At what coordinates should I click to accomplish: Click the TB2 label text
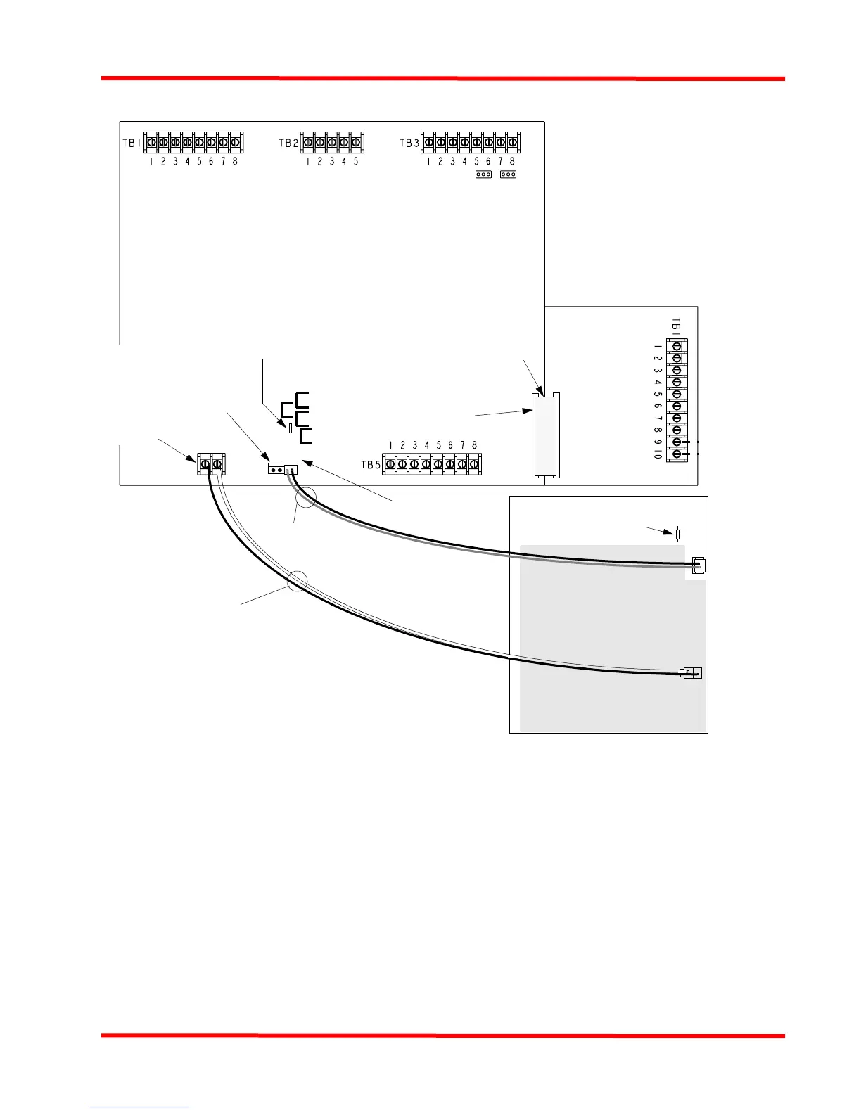(x=288, y=143)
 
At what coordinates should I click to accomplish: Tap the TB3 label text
(x=409, y=143)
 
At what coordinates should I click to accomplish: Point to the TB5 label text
(x=370, y=465)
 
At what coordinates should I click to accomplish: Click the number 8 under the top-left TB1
(x=235, y=161)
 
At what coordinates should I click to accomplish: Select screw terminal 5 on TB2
(x=356, y=142)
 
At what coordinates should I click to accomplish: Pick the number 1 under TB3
(x=428, y=161)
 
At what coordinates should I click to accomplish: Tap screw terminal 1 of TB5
(x=390, y=464)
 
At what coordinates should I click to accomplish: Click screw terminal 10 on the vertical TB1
(x=677, y=454)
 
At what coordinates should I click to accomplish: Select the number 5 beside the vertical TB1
(x=656, y=395)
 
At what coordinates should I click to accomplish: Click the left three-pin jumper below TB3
(x=483, y=174)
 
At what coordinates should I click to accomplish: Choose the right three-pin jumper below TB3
(x=508, y=174)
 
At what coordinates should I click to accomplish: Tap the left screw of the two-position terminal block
(x=205, y=464)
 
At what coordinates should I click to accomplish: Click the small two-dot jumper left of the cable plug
(x=275, y=469)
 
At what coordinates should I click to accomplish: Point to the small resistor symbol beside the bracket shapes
(x=291, y=428)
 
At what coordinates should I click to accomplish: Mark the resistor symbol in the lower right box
(x=677, y=534)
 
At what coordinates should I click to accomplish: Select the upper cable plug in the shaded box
(x=698, y=566)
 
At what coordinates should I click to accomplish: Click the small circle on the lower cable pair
(x=298, y=580)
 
